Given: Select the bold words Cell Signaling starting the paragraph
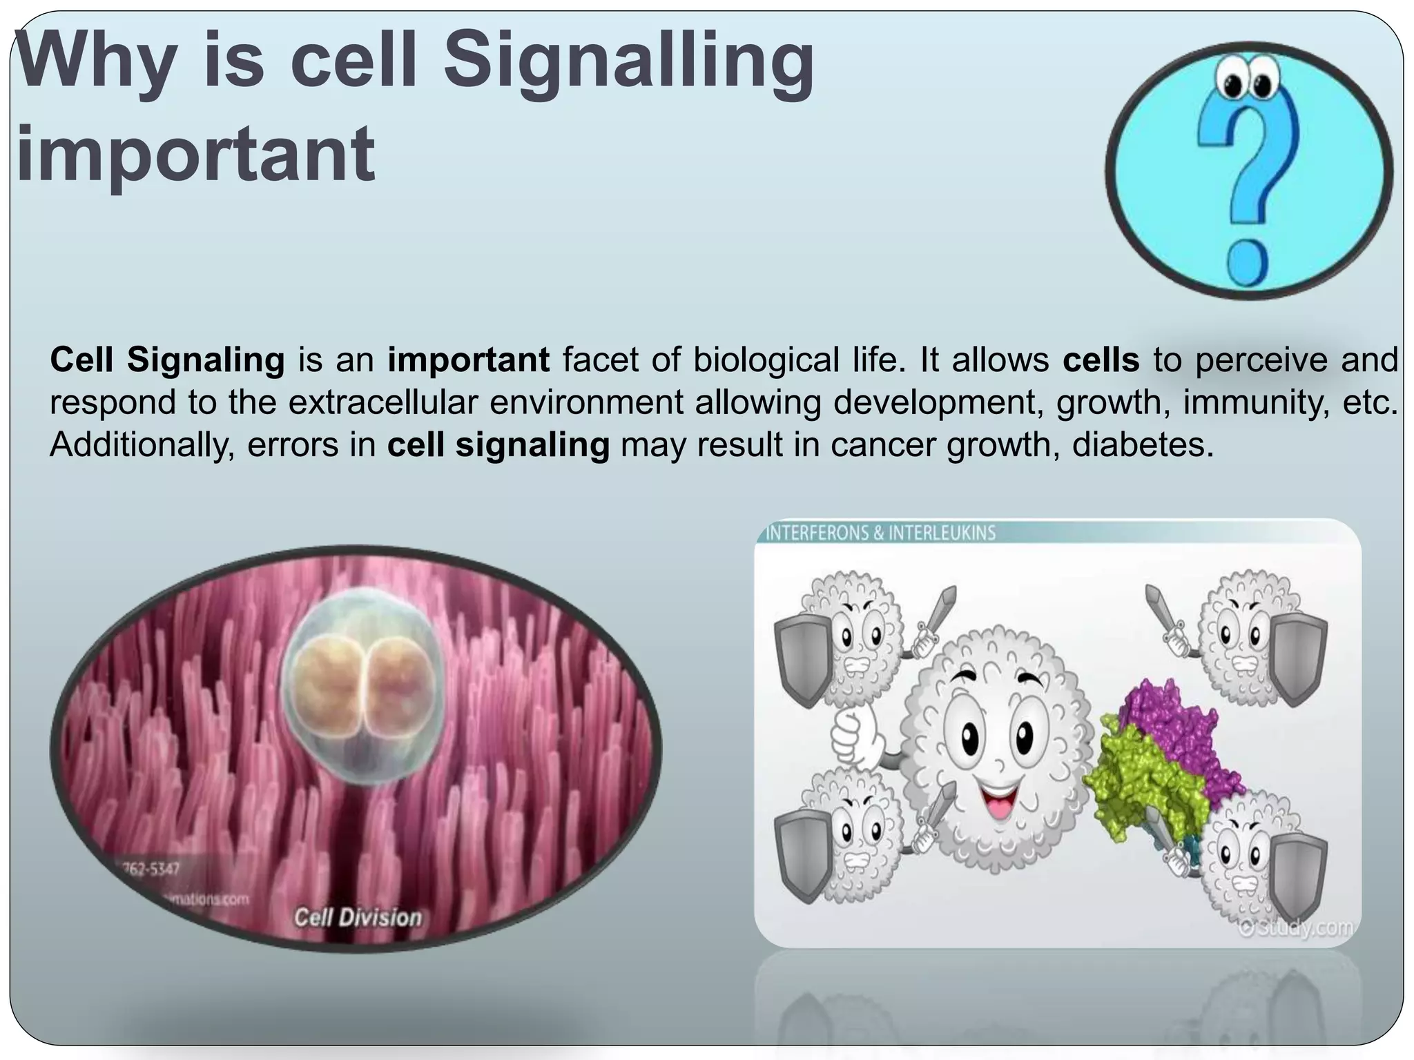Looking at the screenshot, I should click(167, 360).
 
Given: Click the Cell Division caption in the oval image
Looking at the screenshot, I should click(358, 917).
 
